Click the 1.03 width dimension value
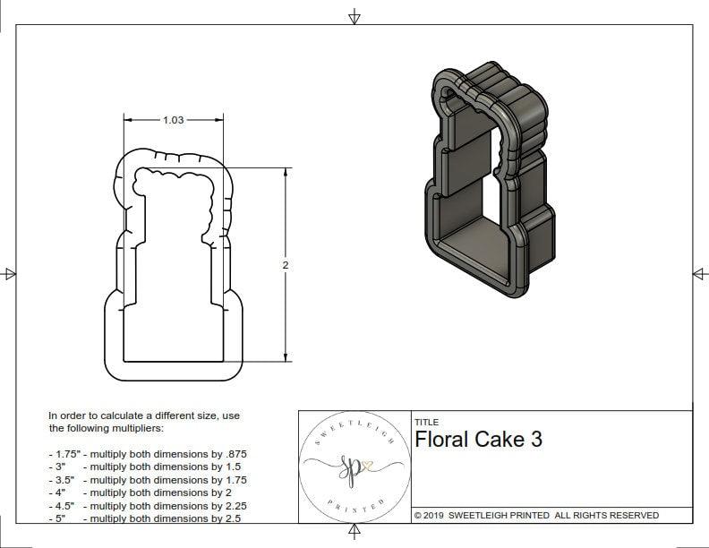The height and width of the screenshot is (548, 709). pyautogui.click(x=173, y=120)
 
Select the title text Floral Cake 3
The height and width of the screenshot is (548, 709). pyautogui.click(x=478, y=440)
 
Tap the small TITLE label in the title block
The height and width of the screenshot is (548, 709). pyautogui.click(x=426, y=422)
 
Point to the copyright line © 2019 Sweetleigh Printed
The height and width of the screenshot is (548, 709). pyautogui.click(x=536, y=515)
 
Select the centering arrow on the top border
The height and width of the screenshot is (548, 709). pyautogui.click(x=354, y=16)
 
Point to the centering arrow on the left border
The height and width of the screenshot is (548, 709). pyautogui.click(x=10, y=274)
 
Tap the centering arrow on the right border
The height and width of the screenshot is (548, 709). pyautogui.click(x=699, y=274)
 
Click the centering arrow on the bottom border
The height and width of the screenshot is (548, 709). pyautogui.click(x=354, y=533)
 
